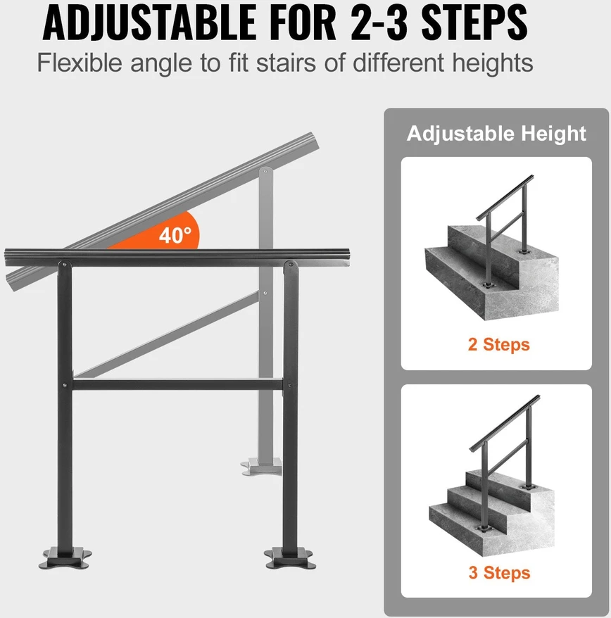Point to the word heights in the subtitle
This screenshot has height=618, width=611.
(492, 63)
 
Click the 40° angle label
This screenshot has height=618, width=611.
(175, 235)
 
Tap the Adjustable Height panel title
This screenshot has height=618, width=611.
(496, 133)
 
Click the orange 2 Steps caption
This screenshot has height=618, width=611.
(498, 344)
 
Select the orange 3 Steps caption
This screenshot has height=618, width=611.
(499, 573)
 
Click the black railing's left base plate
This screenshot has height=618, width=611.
(65, 557)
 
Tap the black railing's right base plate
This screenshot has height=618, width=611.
(291, 558)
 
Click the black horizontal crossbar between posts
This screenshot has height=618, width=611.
(177, 384)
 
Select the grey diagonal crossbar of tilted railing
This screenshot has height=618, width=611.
(166, 334)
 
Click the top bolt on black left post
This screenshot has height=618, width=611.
(64, 265)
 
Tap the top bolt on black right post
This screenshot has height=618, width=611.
(291, 265)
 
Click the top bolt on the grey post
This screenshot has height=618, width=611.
(265, 171)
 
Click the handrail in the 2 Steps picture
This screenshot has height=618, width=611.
(505, 198)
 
